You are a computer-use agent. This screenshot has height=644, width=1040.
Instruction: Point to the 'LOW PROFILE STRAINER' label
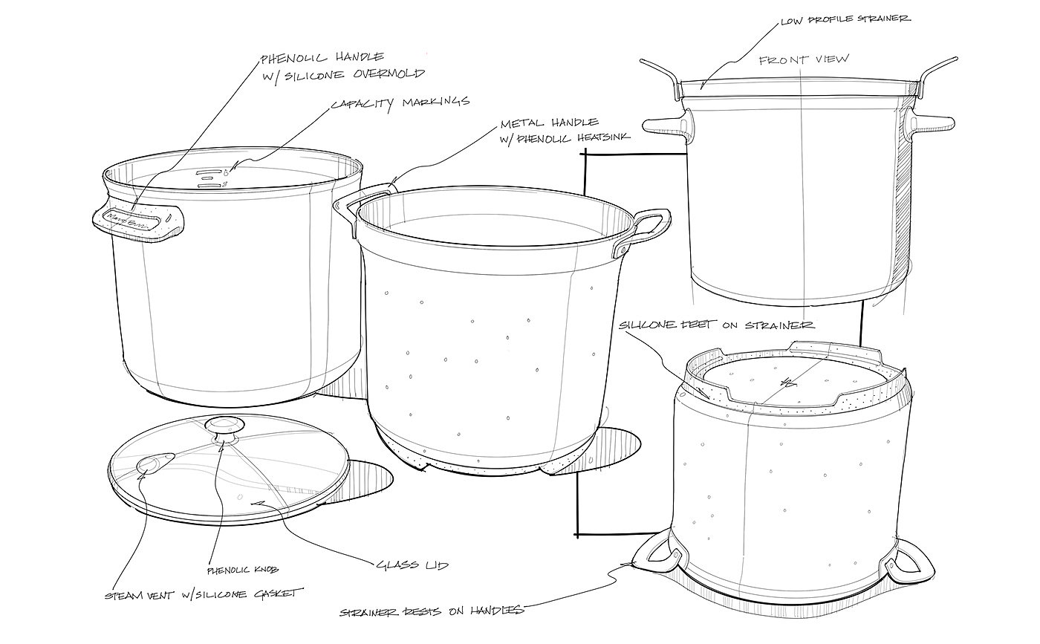[845, 19]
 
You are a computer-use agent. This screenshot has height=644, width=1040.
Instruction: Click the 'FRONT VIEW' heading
[805, 59]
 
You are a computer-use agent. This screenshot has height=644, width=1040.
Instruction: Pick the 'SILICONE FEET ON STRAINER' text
[717, 325]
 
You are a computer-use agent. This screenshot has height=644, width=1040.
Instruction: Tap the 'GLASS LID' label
[413, 566]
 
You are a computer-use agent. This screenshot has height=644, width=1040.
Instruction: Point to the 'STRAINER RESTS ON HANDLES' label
[432, 611]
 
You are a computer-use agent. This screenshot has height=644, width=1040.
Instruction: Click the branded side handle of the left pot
[138, 218]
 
